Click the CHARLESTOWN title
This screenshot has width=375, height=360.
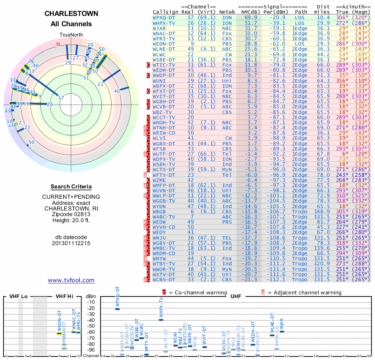(71, 14)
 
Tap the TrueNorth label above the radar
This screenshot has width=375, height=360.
(71, 35)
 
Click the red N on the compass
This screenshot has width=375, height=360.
(58, 44)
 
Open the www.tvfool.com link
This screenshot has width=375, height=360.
(71, 280)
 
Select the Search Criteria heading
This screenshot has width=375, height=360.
(71, 187)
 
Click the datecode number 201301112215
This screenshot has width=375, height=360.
(71, 243)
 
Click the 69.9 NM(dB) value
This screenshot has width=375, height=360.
(250, 17)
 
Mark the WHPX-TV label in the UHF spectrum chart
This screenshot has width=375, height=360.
(161, 307)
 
